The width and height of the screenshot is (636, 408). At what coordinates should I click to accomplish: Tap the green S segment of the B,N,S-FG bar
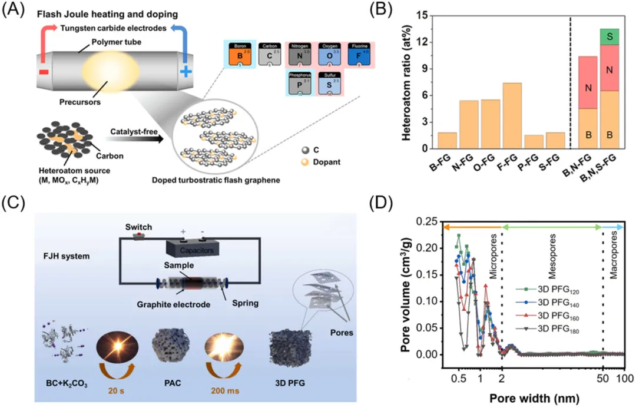click(609, 37)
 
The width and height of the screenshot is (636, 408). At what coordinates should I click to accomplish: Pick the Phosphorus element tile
click(299, 84)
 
